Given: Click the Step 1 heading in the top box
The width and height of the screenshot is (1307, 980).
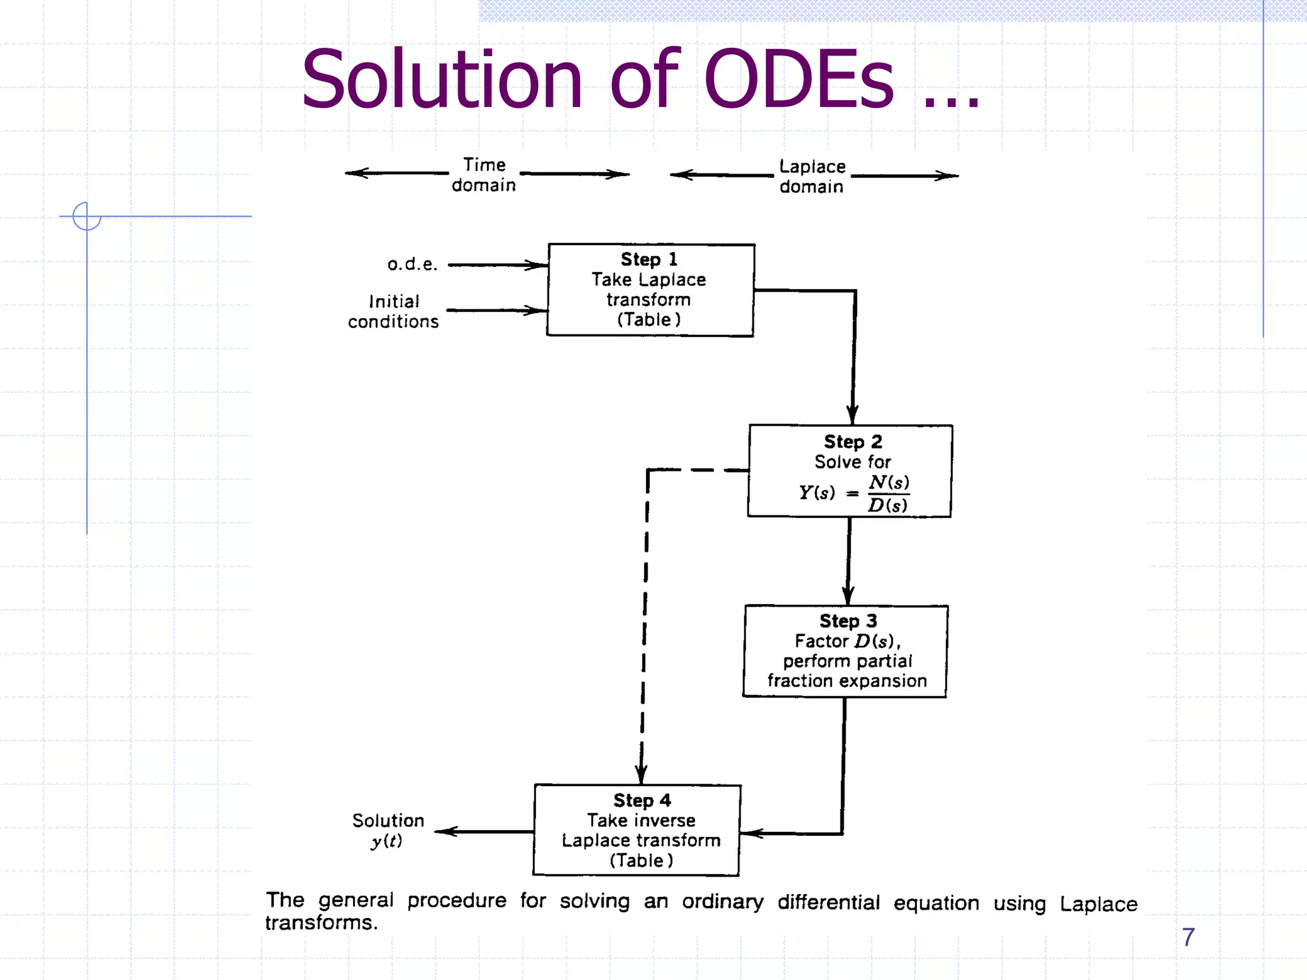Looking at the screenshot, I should coord(648,260).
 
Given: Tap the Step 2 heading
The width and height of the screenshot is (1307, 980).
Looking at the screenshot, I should coord(853,442).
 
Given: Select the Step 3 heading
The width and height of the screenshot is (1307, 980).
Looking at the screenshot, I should coord(848,621).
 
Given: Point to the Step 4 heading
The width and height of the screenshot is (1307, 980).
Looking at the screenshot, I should coord(641,800).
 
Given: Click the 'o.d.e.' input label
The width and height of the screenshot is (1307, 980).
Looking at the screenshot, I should coord(412,264).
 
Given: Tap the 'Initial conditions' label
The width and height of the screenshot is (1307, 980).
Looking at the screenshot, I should coord(394,311).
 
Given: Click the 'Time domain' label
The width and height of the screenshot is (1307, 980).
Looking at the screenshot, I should coord(484,175).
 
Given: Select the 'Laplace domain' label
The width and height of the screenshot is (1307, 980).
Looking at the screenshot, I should coord(812,177).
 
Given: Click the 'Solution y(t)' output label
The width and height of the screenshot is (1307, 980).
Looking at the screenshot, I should coord(388,830).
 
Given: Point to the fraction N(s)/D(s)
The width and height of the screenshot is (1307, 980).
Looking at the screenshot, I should coord(888,493).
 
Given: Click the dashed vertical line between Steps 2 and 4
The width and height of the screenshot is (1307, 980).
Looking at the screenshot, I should coord(645,625).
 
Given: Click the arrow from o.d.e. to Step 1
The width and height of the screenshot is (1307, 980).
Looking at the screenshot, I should coord(498,265).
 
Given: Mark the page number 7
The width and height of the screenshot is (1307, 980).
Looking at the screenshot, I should coord(1188,937).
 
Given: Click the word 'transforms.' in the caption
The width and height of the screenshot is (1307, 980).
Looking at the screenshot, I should coord(321,923).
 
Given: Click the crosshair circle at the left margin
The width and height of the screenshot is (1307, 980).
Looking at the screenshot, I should coord(87,216).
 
